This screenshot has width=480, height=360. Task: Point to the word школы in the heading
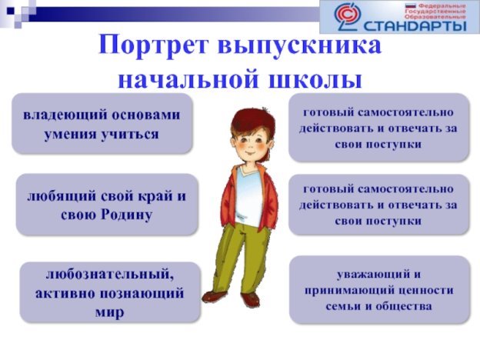[315, 80]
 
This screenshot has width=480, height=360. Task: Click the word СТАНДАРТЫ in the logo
[414, 25]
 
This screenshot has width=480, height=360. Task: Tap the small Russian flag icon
[410, 5]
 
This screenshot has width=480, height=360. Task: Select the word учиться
[130, 135]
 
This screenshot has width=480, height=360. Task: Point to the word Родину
[126, 215]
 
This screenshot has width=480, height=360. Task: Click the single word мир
[109, 312]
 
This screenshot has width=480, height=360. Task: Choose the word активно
[65, 293]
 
